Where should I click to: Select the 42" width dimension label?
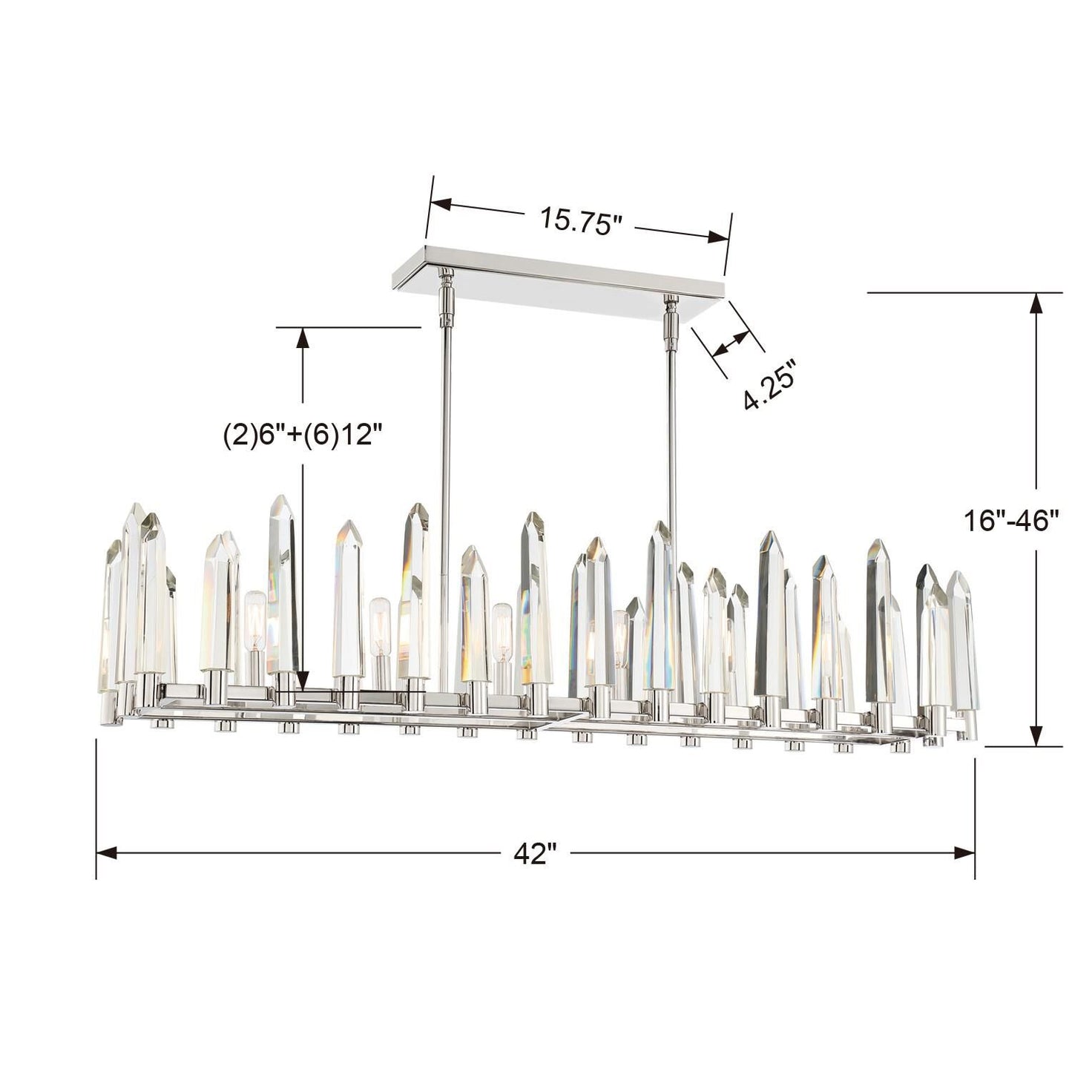coord(535,853)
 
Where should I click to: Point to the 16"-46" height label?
coord(1010,520)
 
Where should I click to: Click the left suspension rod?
coord(444,482)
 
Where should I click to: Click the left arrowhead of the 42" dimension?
coord(107,853)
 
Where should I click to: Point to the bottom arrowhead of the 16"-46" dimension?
coord(1037,736)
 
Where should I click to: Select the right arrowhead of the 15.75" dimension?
coord(720,237)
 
